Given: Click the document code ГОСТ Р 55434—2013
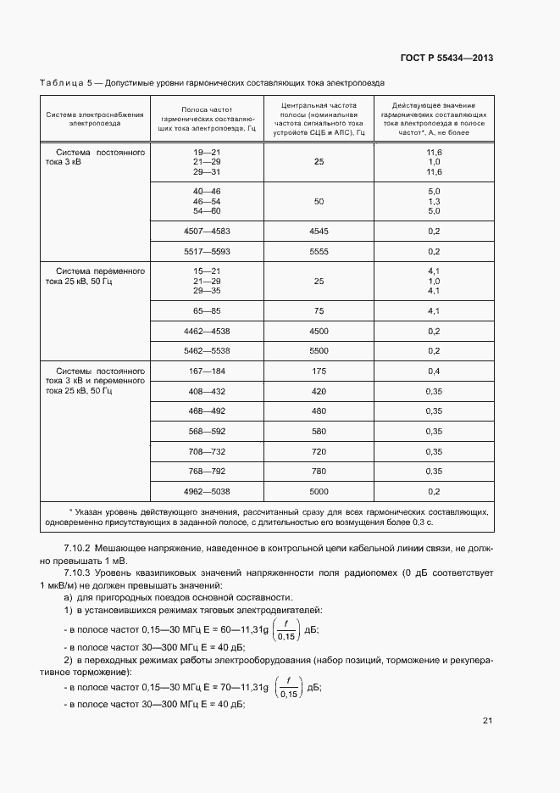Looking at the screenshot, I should tap(446, 59).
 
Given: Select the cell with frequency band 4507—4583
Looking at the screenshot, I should tap(207, 231).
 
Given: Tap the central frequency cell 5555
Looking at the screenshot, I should tap(319, 252).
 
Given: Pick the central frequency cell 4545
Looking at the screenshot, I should tap(319, 231).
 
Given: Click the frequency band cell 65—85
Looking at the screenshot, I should tap(207, 311).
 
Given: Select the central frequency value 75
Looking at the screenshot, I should tap(319, 311).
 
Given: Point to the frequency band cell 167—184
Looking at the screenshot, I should tap(207, 371).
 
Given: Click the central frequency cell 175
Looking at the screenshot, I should tap(319, 371).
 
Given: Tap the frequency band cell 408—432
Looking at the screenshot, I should tap(207, 391).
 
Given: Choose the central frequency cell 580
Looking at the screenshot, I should tap(319, 432).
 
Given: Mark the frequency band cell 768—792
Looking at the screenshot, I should tap(207, 471).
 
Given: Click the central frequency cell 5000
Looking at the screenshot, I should tap(319, 491).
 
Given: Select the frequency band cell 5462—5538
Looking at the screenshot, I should tap(207, 350).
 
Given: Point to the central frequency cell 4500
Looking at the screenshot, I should tap(319, 331).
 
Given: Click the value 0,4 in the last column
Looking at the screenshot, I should tap(434, 371).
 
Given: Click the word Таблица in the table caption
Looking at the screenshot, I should tap(62, 84).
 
